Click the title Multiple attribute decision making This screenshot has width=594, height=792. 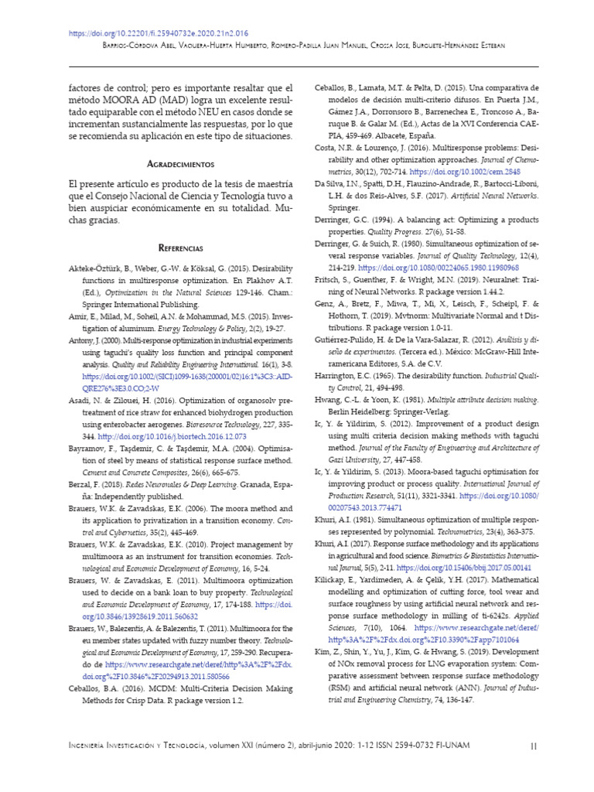pyautogui.click(x=468, y=401)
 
